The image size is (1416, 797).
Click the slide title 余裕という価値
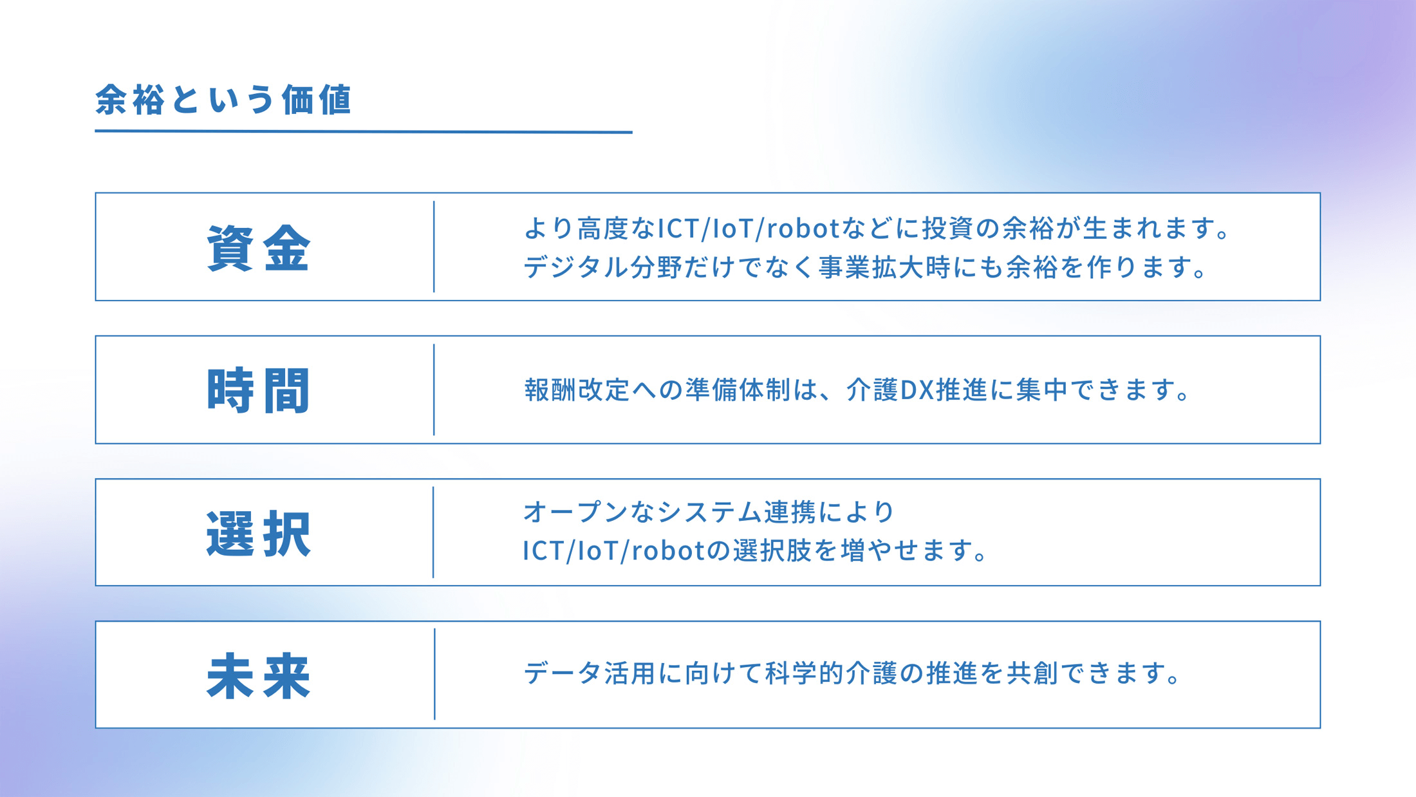223,100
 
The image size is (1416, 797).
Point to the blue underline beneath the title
363,131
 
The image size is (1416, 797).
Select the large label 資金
259,248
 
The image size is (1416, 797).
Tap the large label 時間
259,390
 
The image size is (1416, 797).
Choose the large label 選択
259,533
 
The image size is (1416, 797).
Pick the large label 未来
259,675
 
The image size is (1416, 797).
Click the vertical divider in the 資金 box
434,247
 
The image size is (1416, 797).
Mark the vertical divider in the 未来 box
434,674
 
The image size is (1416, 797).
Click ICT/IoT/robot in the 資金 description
748,228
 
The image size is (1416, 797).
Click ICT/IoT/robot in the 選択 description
613,550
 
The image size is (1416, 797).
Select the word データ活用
589,673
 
